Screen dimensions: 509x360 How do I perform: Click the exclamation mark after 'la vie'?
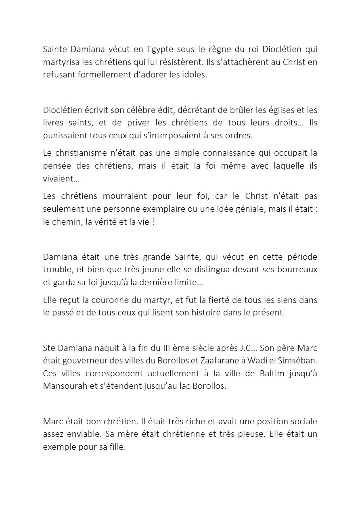point(153,222)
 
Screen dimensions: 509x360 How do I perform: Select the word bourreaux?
point(297,269)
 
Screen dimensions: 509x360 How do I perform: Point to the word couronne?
point(115,300)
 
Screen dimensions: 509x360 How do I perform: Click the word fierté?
point(220,300)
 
